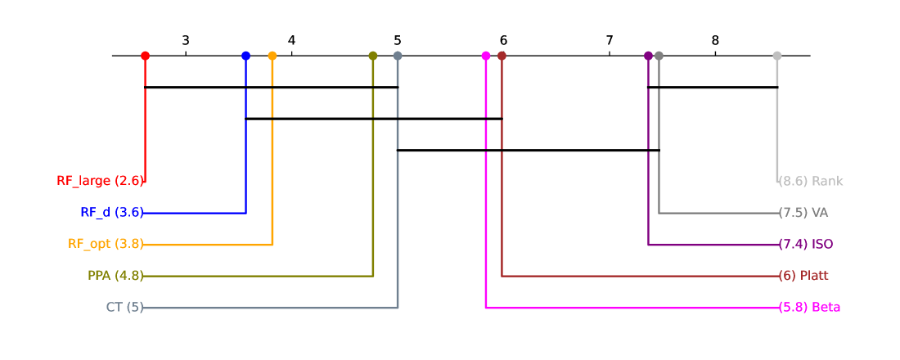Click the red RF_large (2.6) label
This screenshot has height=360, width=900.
tap(100, 181)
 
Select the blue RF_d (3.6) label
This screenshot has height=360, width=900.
tap(111, 213)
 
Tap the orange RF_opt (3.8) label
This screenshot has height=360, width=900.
tap(105, 244)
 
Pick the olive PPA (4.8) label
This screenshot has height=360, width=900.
tap(115, 276)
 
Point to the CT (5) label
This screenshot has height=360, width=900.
tap(124, 308)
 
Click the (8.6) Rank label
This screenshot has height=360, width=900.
tap(811, 181)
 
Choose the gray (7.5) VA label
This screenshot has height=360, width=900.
tap(803, 213)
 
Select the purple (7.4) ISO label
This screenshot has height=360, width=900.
tap(806, 244)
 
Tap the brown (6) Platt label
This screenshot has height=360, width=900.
tap(804, 276)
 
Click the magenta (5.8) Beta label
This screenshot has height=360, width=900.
tap(809, 308)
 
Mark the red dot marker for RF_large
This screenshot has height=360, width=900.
tap(145, 56)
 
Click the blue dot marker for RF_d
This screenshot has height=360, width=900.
tap(245, 56)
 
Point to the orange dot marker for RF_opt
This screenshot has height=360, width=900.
tap(272, 56)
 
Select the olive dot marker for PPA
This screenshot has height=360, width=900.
tap(373, 56)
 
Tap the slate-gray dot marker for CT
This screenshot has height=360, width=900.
tap(398, 56)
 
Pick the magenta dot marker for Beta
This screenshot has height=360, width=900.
tap(486, 56)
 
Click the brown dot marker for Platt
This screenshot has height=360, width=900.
tap(502, 56)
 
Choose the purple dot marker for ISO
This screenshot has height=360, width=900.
tap(648, 56)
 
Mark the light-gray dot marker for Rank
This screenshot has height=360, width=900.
tap(777, 56)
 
